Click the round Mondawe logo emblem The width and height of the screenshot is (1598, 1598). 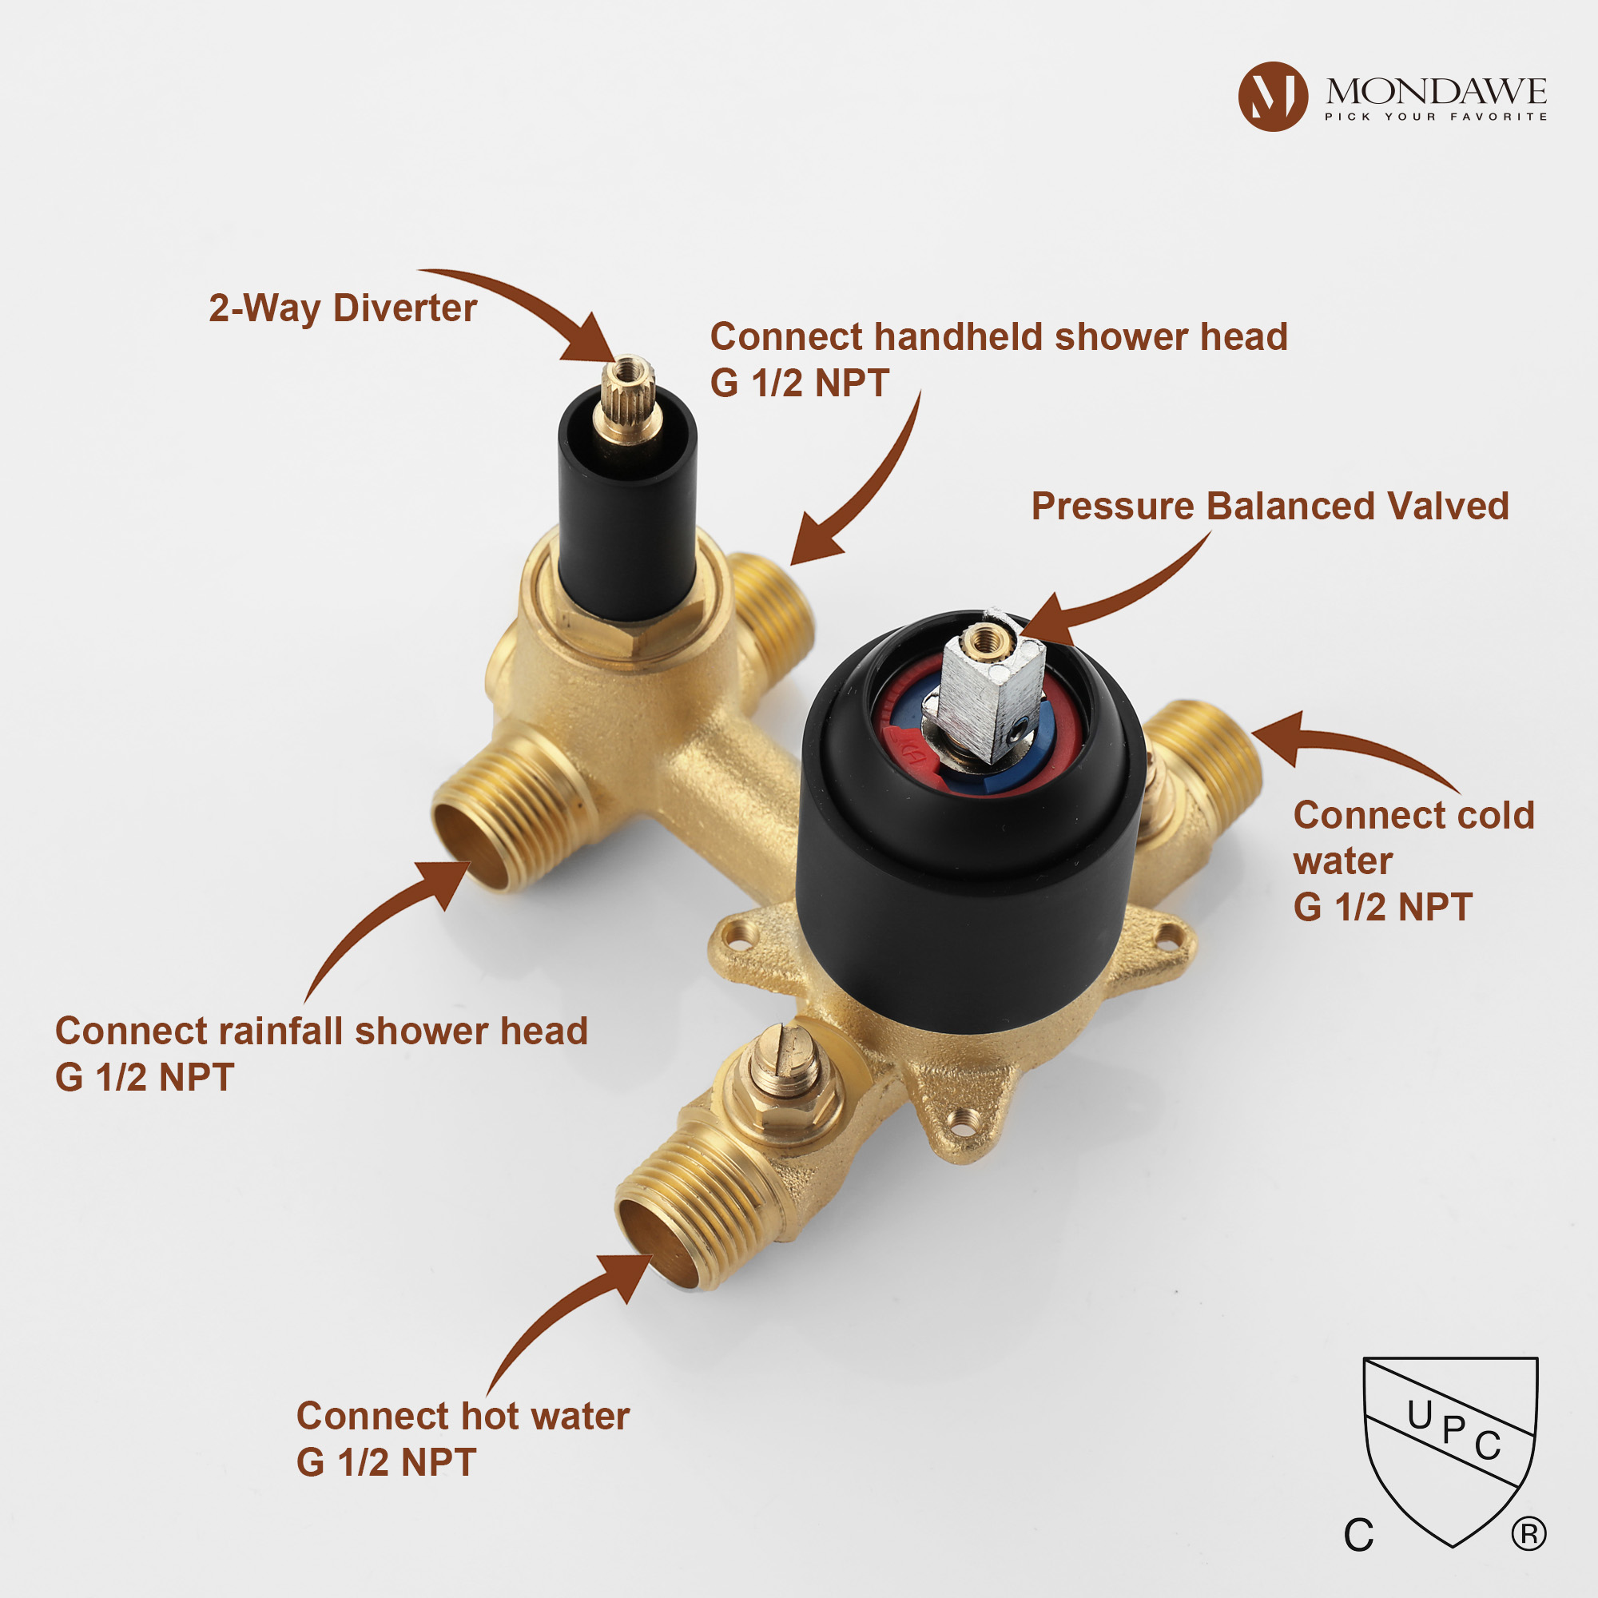pyautogui.click(x=1273, y=97)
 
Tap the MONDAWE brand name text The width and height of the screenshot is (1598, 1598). pyautogui.click(x=1436, y=91)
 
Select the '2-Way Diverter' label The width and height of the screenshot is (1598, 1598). pyautogui.click(x=343, y=308)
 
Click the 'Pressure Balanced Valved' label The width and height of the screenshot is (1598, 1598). pyautogui.click(x=1270, y=507)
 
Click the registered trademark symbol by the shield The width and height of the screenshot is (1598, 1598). pyautogui.click(x=1528, y=1534)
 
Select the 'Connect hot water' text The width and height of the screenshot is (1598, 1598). pyautogui.click(x=463, y=1416)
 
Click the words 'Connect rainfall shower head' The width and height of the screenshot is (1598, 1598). pyautogui.click(x=321, y=1032)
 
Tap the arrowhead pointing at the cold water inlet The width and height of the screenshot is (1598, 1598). pyautogui.click(x=1278, y=737)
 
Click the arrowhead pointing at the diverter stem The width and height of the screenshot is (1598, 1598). pyautogui.click(x=590, y=339)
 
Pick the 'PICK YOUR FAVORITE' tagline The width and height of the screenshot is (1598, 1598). pyautogui.click(x=1436, y=117)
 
